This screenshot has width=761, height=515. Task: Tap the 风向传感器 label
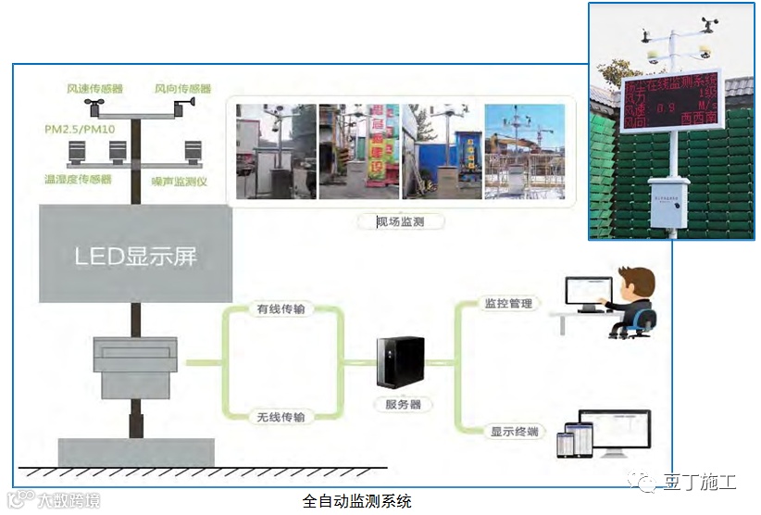click(x=182, y=89)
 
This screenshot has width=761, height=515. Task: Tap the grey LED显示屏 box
click(x=136, y=255)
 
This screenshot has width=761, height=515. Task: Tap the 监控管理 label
click(x=508, y=303)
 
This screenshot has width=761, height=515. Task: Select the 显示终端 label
click(x=513, y=432)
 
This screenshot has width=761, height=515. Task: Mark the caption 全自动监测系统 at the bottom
click(x=356, y=501)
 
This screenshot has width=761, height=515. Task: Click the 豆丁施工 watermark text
click(x=699, y=483)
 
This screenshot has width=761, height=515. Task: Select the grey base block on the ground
click(x=136, y=451)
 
